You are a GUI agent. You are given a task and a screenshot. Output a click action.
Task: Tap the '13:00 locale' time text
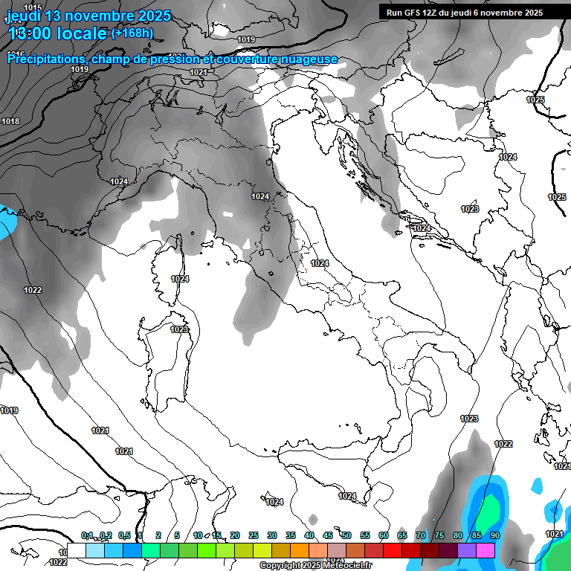point(58,34)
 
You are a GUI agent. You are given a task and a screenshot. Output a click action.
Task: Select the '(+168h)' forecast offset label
point(132,33)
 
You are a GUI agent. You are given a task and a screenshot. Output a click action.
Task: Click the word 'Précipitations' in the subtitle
point(46,59)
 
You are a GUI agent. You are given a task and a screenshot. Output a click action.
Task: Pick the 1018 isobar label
point(10,121)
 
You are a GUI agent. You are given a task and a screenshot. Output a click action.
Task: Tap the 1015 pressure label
point(32,7)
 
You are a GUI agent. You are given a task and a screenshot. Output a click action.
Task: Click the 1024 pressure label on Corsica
point(180,279)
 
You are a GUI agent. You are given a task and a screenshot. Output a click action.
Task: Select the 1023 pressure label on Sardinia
point(178,329)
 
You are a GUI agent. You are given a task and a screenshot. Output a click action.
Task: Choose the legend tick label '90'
point(495,535)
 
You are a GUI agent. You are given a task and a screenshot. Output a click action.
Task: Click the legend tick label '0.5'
point(124,535)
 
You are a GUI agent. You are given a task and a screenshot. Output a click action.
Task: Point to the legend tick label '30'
point(271,535)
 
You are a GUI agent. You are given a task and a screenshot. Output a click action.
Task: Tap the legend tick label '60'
point(384,535)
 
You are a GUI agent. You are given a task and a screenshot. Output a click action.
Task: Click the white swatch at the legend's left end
point(76,550)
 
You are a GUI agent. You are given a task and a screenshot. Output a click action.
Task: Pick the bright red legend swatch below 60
point(393,550)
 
